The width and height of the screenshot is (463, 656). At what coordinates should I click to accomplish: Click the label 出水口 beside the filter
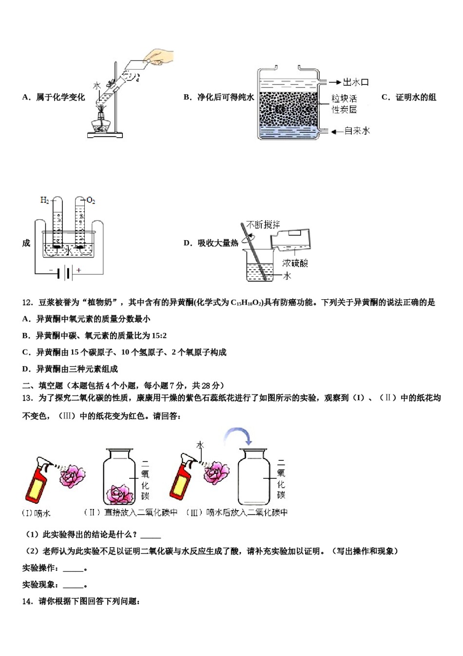(x=356, y=82)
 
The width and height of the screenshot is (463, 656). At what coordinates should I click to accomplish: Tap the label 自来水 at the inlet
(x=357, y=131)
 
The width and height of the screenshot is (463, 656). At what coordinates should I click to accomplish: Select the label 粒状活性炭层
(x=344, y=104)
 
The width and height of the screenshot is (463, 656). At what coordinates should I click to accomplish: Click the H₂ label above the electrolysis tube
(x=44, y=200)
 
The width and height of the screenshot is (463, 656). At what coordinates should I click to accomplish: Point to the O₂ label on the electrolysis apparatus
(x=91, y=200)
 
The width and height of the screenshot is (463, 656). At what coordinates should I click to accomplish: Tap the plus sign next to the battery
(x=78, y=270)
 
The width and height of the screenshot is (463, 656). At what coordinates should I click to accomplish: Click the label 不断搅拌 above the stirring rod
(x=263, y=225)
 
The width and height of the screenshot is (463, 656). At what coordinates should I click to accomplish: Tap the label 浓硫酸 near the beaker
(x=295, y=263)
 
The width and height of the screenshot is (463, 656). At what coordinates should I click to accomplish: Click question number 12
(x=27, y=303)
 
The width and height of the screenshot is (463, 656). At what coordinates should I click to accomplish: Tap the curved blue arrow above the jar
(x=237, y=436)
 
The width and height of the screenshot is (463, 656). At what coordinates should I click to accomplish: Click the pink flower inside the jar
(x=120, y=494)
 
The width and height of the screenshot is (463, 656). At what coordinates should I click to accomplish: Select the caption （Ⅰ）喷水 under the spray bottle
(x=36, y=513)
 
